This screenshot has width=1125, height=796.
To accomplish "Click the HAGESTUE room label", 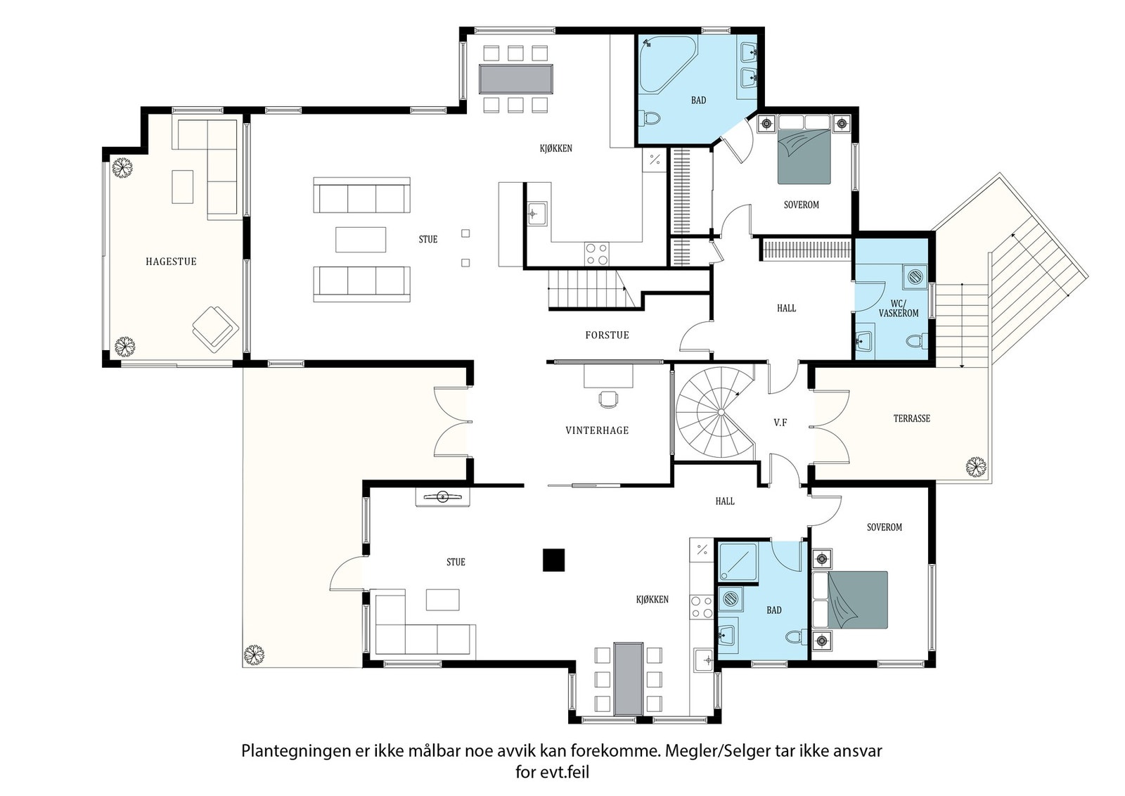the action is pyautogui.click(x=171, y=261).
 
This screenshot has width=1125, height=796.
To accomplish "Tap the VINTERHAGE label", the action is pyautogui.click(x=597, y=430).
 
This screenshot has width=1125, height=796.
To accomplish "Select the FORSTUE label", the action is pyautogui.click(x=607, y=335).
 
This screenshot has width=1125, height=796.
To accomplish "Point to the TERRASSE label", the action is pyautogui.click(x=911, y=418).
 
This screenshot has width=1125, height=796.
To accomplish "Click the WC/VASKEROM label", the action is pyautogui.click(x=899, y=309).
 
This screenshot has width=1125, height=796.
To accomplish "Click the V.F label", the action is pyautogui.click(x=780, y=423).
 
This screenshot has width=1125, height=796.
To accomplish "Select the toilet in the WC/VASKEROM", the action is pyautogui.click(x=915, y=342).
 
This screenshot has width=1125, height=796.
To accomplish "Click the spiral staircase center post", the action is pyautogui.click(x=721, y=412).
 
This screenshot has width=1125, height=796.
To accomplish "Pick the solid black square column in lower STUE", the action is pyautogui.click(x=553, y=560).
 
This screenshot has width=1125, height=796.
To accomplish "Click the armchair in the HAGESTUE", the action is pyautogui.click(x=215, y=328).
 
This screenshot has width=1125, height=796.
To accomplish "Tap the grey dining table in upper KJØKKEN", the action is pyautogui.click(x=515, y=79).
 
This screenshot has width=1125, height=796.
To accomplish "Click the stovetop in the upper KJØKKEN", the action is pyautogui.click(x=597, y=253).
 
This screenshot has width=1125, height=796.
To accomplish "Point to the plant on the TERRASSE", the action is pyautogui.click(x=976, y=467).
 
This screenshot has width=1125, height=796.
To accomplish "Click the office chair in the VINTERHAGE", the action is pyautogui.click(x=608, y=398).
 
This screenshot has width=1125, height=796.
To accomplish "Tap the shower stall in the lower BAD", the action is pyautogui.click(x=738, y=562).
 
